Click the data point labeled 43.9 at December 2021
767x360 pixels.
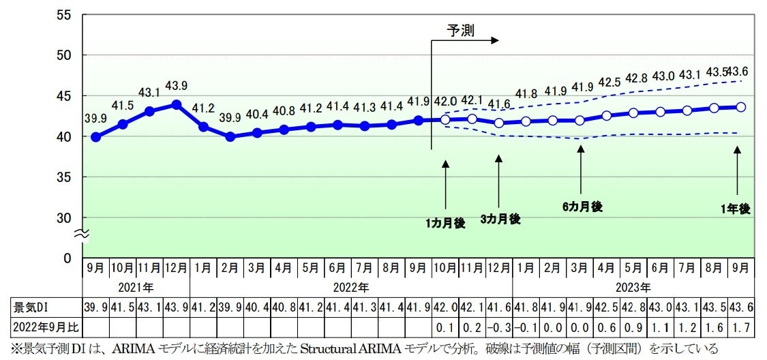(x=177, y=104)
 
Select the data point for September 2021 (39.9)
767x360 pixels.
(x=95, y=137)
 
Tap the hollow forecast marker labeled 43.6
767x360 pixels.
(x=741, y=107)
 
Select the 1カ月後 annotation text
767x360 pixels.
(x=445, y=223)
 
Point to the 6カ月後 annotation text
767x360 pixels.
(x=582, y=207)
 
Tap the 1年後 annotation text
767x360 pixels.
(x=736, y=209)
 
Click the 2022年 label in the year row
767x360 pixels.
(x=350, y=287)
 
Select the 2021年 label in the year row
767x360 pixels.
(x=136, y=287)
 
